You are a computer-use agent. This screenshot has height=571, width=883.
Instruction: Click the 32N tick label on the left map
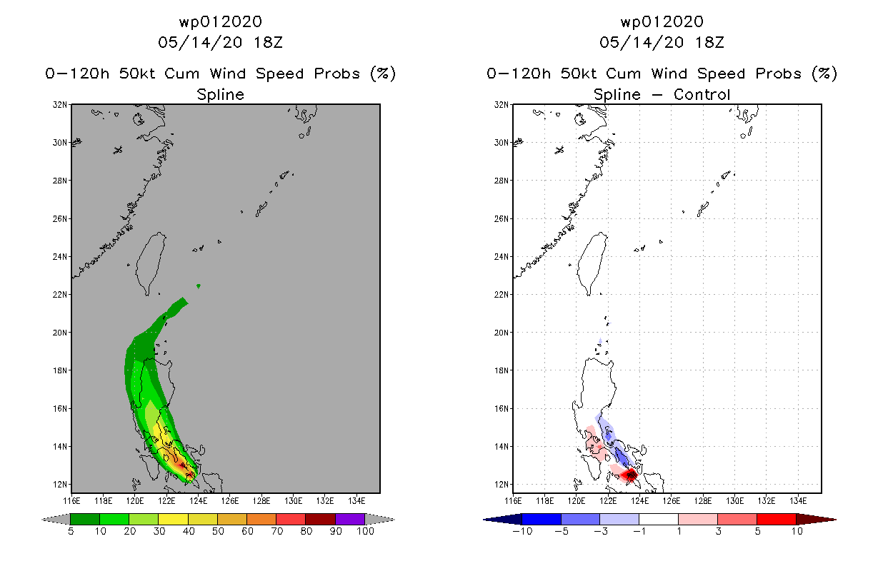click(60, 105)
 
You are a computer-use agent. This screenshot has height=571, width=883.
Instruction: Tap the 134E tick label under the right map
click(798, 501)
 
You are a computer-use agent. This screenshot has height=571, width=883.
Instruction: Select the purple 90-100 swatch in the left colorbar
click(350, 519)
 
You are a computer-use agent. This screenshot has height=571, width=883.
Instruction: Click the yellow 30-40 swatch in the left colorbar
click(173, 519)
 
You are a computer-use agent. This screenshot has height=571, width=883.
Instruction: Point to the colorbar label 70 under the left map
click(276, 531)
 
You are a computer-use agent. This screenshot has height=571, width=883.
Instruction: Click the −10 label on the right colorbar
click(522, 531)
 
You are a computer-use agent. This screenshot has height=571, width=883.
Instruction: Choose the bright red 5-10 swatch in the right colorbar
click(776, 519)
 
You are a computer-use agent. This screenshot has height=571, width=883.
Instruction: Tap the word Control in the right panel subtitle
click(702, 94)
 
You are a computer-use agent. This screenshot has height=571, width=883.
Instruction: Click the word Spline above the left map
click(220, 94)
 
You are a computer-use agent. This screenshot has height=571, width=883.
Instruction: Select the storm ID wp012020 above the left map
click(220, 21)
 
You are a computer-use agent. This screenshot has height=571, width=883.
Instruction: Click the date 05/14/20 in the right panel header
click(642, 42)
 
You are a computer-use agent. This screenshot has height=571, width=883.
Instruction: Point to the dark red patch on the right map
click(629, 475)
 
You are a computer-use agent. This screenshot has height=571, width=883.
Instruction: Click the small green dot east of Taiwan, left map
click(199, 286)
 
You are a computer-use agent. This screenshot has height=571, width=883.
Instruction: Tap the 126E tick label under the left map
click(230, 501)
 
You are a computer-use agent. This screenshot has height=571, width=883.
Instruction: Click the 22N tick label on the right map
click(502, 295)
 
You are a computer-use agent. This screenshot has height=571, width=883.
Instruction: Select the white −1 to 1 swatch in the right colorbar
click(658, 519)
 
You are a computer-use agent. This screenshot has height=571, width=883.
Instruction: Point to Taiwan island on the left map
click(150, 263)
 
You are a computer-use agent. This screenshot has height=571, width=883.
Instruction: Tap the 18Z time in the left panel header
click(268, 42)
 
